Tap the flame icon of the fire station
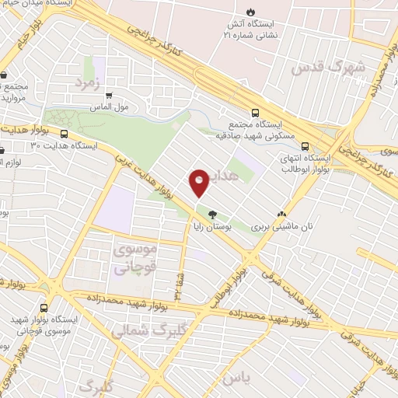coord(250,11)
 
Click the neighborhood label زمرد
coord(89,81)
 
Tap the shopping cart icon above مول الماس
coord(109,96)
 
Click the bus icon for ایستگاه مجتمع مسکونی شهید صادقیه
coord(256,113)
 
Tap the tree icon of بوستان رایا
coord(212,213)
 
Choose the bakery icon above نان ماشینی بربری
coord(281,213)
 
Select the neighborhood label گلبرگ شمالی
coord(146,330)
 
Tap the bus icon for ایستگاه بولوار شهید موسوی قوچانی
coord(44,309)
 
